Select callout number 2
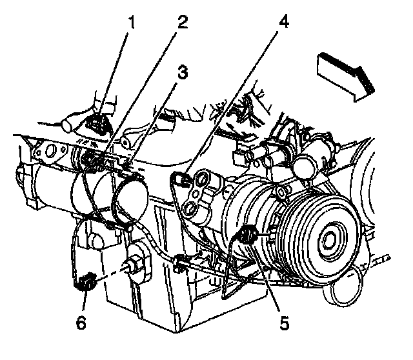click(183, 23)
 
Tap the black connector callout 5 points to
click(247, 235)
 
